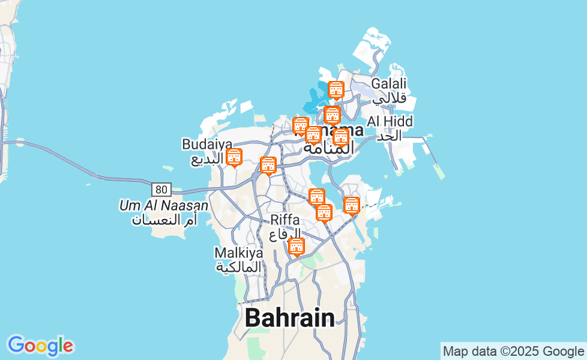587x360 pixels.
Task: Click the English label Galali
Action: (x=389, y=83)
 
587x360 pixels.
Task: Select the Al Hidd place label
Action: (x=390, y=122)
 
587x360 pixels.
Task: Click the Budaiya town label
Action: (x=199, y=144)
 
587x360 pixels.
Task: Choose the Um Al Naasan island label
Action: (x=164, y=206)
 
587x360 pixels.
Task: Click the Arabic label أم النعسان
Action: (x=164, y=220)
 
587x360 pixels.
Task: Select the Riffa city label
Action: (x=285, y=220)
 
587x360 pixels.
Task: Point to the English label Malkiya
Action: (x=239, y=253)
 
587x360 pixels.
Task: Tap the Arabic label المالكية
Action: (x=239, y=266)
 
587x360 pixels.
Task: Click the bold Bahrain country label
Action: (x=290, y=317)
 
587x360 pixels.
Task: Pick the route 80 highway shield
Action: (x=161, y=190)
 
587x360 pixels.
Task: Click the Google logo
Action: (x=40, y=346)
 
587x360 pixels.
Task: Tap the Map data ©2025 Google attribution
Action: (x=513, y=351)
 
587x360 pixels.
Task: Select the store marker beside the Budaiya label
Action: (x=233, y=157)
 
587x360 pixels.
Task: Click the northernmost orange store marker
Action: (x=336, y=90)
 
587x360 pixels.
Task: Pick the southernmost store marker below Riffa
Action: (x=296, y=246)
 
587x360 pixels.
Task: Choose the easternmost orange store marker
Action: (x=352, y=205)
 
